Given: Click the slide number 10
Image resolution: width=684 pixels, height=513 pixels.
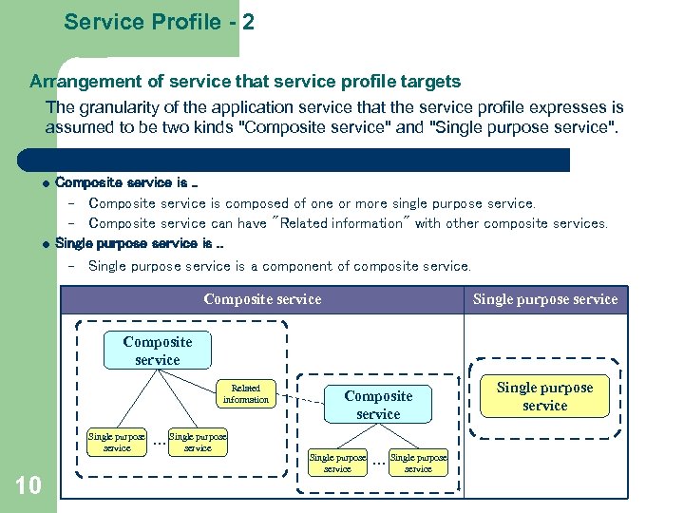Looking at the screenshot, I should pos(28,486).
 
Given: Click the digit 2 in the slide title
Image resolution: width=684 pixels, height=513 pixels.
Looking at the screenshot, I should pos(248,22).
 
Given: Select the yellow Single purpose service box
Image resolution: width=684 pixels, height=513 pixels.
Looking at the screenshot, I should pos(544,396).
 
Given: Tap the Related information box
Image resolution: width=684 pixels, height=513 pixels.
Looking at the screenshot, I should pos(246,394).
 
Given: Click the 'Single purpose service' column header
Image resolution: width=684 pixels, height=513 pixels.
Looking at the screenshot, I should pos(545,299).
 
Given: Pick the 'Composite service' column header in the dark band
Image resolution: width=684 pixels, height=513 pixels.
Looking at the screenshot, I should pos(262,299).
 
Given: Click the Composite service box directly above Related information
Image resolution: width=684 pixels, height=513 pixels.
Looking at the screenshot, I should pos(158,351).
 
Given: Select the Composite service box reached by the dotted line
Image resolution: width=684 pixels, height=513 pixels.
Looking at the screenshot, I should pos(378,405).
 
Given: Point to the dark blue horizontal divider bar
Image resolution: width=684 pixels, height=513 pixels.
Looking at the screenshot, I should pos(294,160).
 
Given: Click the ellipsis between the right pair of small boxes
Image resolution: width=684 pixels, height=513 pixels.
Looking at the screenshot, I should pos(379,464).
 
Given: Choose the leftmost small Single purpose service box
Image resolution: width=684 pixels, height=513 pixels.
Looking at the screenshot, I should pos(117,443).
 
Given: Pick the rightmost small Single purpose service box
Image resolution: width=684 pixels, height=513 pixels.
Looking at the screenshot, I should pos(418,463).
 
